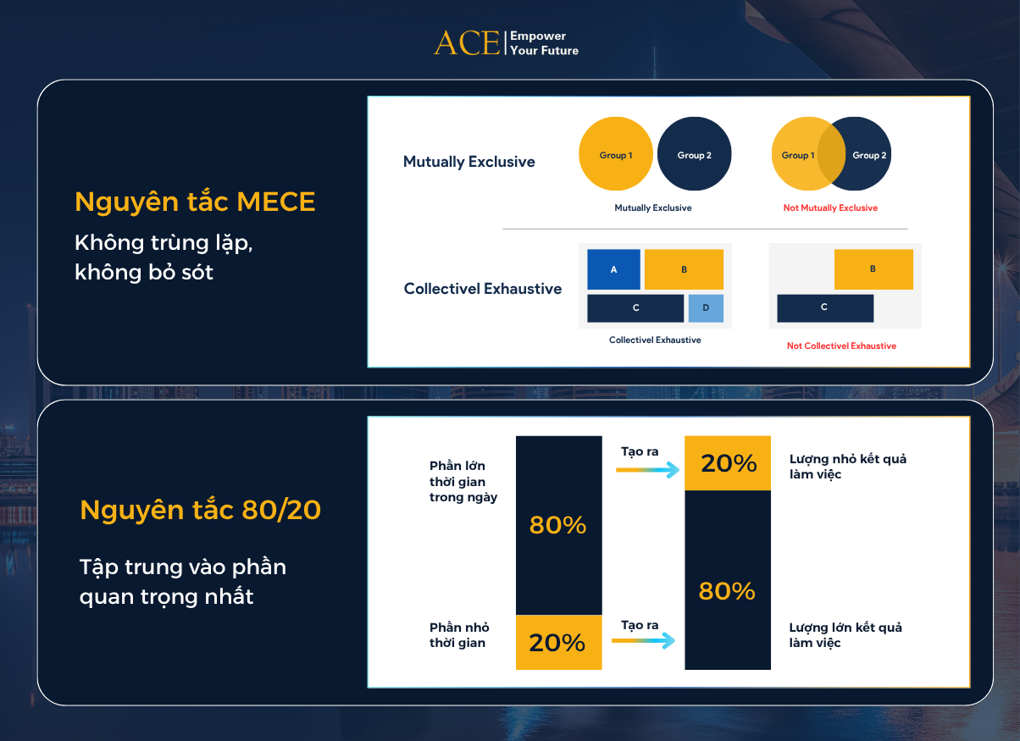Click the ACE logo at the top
click(x=467, y=43)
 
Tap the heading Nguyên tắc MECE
click(x=195, y=202)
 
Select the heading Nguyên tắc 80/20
click(x=200, y=511)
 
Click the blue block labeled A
click(x=613, y=269)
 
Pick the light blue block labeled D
click(x=706, y=308)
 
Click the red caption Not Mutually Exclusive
click(x=830, y=208)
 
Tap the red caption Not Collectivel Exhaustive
click(x=841, y=346)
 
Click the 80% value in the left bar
click(x=558, y=525)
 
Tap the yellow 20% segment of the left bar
click(x=558, y=642)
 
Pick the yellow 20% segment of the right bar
click(x=728, y=463)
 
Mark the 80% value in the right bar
click(x=727, y=591)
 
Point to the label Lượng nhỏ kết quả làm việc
click(x=848, y=466)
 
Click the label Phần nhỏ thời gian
click(x=458, y=635)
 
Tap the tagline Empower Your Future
click(x=544, y=43)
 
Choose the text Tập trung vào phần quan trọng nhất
click(x=182, y=581)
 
